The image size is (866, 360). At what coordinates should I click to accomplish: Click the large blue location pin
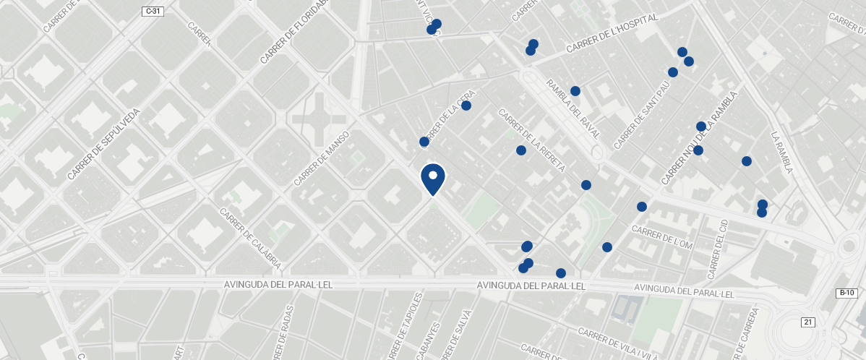tap(432, 178)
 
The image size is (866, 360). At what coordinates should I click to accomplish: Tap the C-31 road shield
tap(153, 11)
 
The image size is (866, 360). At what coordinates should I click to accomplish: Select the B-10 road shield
tap(847, 293)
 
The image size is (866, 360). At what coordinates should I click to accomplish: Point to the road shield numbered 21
tap(807, 322)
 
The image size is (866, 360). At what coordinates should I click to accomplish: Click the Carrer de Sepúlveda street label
tap(105, 144)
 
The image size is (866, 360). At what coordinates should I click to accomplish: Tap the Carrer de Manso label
tap(322, 158)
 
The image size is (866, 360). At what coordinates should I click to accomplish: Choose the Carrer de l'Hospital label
tap(613, 33)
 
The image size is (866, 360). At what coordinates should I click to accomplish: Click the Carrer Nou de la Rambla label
tap(698, 138)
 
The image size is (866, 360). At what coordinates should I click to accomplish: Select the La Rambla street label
tap(782, 153)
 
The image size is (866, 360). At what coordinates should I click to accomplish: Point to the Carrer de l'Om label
tap(662, 238)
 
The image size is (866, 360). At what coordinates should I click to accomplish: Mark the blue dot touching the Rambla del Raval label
tap(575, 91)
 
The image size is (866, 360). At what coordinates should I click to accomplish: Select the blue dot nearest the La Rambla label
tap(747, 161)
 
